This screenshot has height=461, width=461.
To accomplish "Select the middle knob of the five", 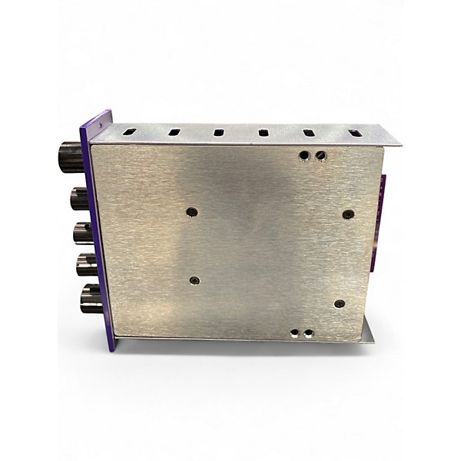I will (x=83, y=232).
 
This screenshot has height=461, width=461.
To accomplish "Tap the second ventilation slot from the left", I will (x=174, y=131).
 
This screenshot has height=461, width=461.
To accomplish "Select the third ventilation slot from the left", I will (x=219, y=132).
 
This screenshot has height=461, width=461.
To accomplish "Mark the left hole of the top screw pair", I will (x=305, y=155).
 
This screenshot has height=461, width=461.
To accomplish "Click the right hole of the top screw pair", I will (x=320, y=156).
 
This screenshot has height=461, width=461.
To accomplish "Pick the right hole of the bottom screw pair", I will (x=309, y=333).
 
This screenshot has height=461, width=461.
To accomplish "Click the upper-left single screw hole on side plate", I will (x=191, y=211).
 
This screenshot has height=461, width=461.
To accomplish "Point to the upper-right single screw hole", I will (x=348, y=214).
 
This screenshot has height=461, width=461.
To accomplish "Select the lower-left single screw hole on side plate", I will (x=194, y=280).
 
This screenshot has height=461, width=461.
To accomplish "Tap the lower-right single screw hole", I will (x=340, y=303).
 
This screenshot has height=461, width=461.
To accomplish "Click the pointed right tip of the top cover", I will (x=400, y=144).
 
